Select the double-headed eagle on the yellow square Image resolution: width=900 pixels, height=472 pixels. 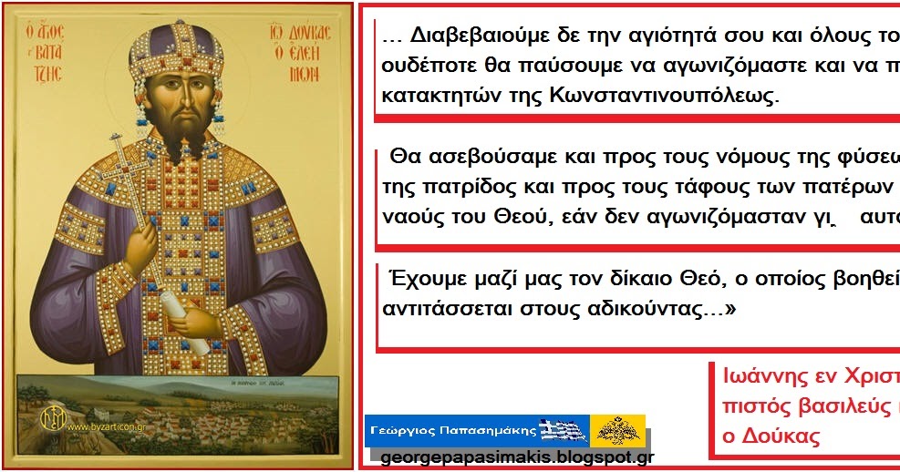[x=618, y=428]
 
